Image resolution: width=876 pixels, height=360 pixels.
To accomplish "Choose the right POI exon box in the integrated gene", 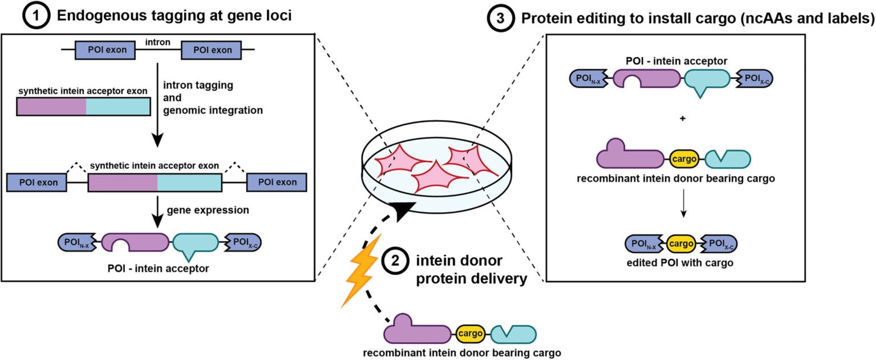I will coord(277,183).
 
